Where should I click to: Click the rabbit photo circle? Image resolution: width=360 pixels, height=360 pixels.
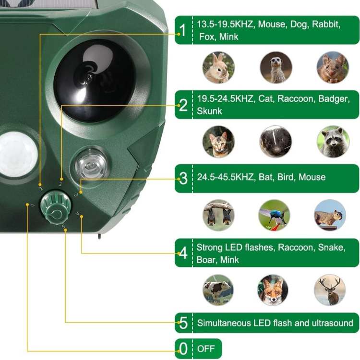pos(219,68)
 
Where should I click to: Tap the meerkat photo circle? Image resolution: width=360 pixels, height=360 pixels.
pos(276,68)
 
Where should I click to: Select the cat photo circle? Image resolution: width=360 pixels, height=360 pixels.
pos(219,142)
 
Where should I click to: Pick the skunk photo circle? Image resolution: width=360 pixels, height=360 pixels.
pos(276,142)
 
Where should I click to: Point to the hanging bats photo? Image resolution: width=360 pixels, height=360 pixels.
pos(219,215)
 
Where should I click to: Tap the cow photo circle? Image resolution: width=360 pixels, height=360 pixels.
pos(218,290)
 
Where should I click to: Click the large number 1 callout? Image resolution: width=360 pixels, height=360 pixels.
pos(182,30)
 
